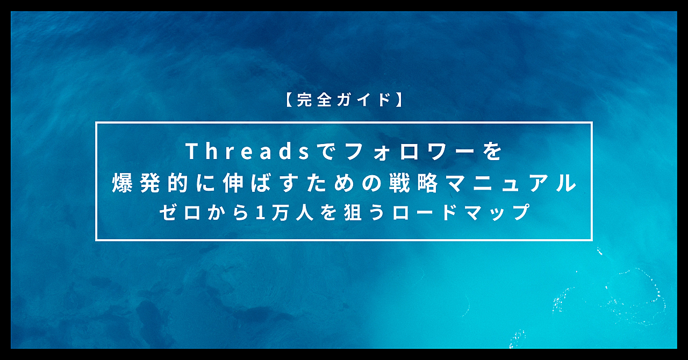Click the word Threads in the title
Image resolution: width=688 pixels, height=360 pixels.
248,151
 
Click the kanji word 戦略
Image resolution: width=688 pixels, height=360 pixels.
413,183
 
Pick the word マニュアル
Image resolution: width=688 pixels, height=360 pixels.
511,183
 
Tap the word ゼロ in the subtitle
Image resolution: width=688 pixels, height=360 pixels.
180,212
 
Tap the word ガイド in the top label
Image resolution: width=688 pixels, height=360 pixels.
364,99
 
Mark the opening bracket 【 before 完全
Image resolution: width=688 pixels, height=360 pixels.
289,99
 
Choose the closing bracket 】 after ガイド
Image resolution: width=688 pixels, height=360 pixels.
399,99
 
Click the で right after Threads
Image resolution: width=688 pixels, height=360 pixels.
327,152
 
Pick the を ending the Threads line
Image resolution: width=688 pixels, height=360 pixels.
493,152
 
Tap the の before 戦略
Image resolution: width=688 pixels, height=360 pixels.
371,183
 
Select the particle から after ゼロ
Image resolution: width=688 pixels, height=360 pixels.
228,212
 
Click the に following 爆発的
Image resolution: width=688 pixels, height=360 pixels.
205,183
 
